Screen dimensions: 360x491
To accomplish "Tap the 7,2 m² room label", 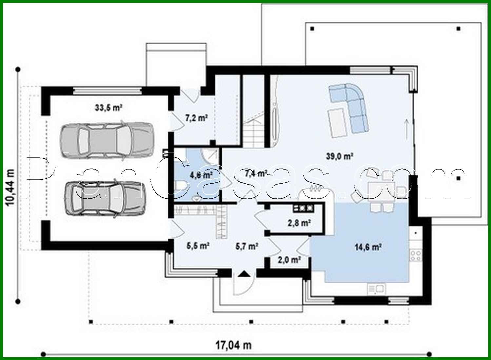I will (x=196, y=118).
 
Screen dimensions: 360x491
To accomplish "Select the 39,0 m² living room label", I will (x=339, y=156).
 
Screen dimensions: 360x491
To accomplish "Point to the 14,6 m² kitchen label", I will (x=367, y=247).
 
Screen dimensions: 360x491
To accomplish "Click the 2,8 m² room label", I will (x=299, y=223).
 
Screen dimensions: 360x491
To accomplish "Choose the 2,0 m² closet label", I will (x=289, y=260).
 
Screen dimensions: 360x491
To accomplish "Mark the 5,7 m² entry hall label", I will (x=246, y=246).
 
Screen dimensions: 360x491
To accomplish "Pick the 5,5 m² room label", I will (x=198, y=246).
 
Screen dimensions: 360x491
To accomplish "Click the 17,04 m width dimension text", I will (x=233, y=345).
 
